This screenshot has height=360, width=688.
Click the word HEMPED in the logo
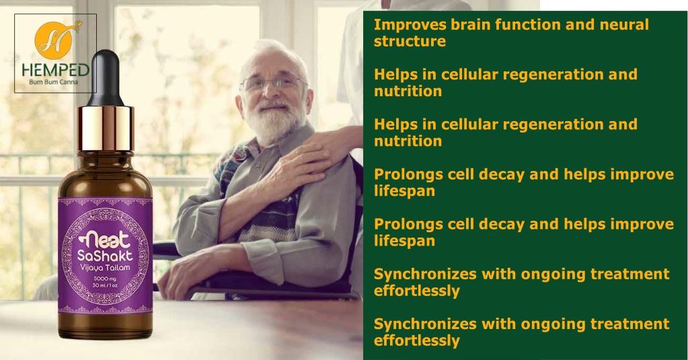point(56,70)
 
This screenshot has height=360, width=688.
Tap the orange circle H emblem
point(54,40)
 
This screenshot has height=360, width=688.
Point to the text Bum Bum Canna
point(54,82)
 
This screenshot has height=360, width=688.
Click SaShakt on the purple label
point(105,256)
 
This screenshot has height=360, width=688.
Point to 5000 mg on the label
point(105,279)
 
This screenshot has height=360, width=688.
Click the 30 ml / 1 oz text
point(105,285)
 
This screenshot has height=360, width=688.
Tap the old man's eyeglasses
point(272,82)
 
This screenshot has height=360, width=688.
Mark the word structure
point(410,41)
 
